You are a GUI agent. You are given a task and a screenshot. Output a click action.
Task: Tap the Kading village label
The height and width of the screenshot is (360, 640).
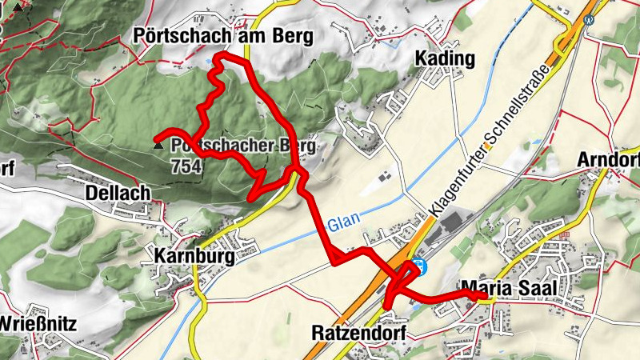[x=445, y=59]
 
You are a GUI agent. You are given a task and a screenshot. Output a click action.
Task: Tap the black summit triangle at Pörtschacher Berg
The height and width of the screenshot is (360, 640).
[x=158, y=146]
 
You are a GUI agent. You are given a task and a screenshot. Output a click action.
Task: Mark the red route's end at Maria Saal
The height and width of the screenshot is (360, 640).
[x=485, y=296]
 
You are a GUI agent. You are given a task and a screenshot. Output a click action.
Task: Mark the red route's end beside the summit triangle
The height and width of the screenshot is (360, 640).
[x=157, y=135]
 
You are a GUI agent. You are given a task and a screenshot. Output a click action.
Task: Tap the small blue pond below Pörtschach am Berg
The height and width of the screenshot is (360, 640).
[x=209, y=58]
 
